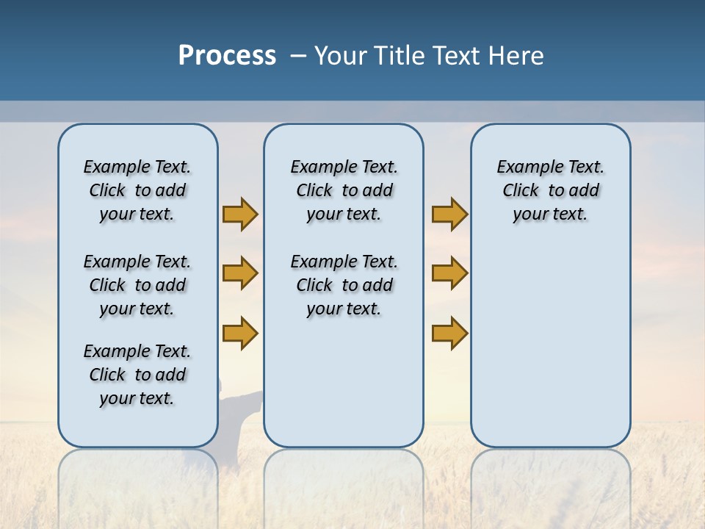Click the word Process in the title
click(227, 55)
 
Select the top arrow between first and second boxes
click(240, 214)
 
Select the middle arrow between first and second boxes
click(240, 273)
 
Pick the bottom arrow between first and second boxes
click(240, 333)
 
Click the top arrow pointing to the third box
click(449, 214)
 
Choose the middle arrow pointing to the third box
click(449, 273)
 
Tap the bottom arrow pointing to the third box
click(449, 333)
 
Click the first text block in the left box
click(137, 190)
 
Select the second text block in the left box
click(137, 285)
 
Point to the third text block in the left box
click(137, 375)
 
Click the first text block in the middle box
click(344, 190)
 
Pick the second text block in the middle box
click(344, 285)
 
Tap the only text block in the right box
click(550, 190)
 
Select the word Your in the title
click(341, 56)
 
